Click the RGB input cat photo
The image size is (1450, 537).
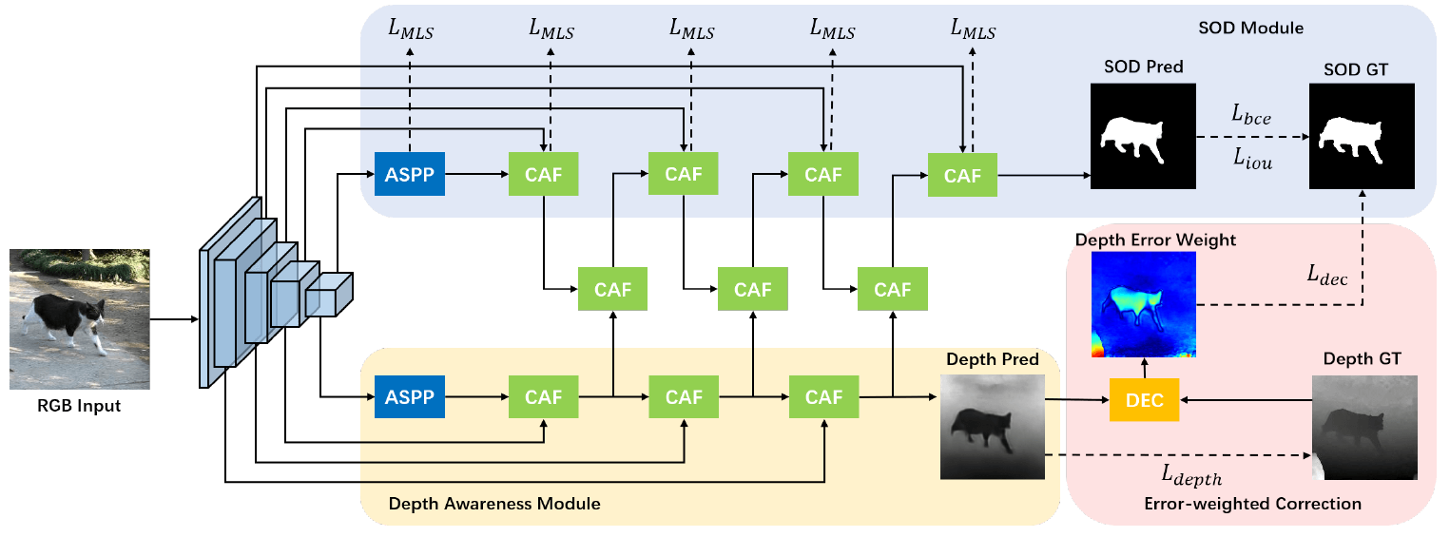[x=80, y=319]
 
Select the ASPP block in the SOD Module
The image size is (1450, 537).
[x=409, y=174]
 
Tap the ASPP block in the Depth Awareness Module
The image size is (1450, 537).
[x=409, y=397]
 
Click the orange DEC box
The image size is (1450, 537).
[x=1144, y=399]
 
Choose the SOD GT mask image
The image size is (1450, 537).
[x=1362, y=136]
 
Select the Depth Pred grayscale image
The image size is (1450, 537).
[x=992, y=426]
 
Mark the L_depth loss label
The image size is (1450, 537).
[x=1190, y=474]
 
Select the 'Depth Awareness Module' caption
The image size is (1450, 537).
[x=493, y=503]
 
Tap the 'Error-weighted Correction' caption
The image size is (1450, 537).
[x=1253, y=503]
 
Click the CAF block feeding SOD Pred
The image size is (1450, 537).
[x=962, y=175]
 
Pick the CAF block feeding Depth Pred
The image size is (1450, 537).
[x=823, y=397]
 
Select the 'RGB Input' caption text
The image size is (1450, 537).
[x=80, y=407]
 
